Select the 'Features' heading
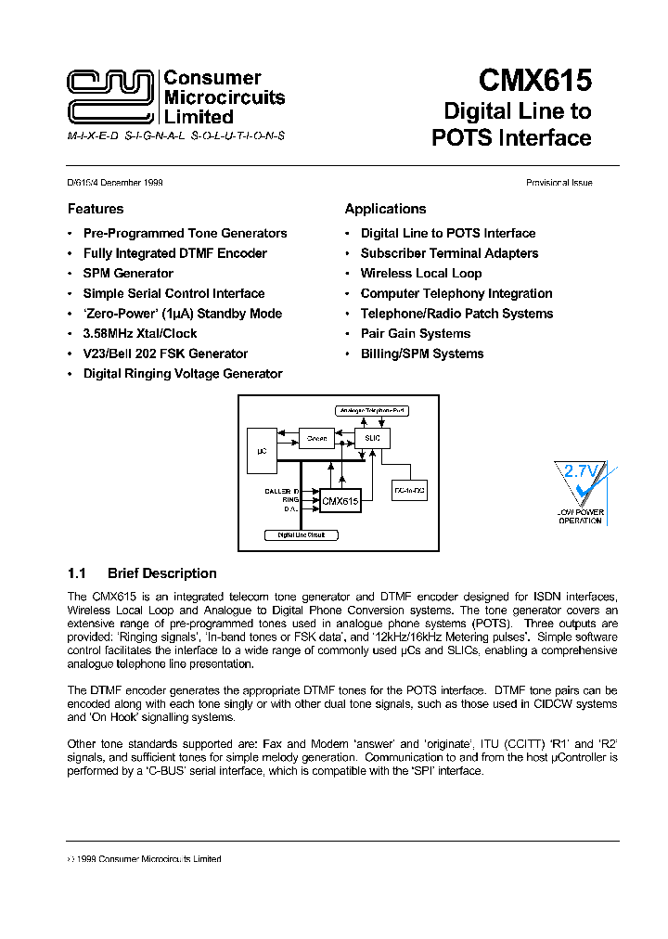[96, 209]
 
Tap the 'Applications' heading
[385, 209]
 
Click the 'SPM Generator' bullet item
[128, 274]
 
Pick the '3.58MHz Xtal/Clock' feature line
[140, 334]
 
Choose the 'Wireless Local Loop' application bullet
[421, 274]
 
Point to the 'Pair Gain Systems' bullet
[416, 334]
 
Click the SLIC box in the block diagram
[373, 438]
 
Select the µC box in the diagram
[262, 450]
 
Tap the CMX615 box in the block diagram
[340, 501]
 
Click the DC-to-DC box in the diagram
[410, 488]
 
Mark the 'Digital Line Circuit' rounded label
[302, 535]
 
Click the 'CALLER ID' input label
[282, 490]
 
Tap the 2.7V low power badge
[580, 492]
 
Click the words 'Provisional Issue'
[559, 183]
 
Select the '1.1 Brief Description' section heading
[142, 573]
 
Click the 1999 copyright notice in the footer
[145, 859]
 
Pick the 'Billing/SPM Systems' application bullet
[422, 354]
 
